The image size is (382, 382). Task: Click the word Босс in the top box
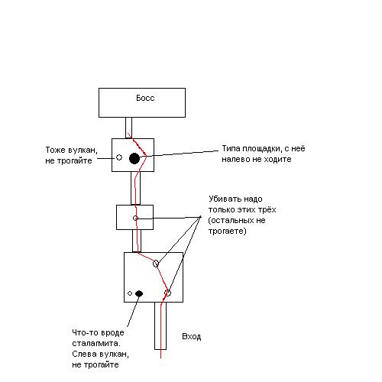145,98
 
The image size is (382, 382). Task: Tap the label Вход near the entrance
192,336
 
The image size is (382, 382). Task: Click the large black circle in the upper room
134,158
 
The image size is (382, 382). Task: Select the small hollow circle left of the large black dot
119,157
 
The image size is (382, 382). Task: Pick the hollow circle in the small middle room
135,218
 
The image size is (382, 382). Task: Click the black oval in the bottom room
139,293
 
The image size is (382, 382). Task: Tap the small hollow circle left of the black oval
130,293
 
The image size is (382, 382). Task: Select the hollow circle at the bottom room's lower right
167,293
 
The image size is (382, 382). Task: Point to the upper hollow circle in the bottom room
156,264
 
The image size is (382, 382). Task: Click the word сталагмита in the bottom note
95,343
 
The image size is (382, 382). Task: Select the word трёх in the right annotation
266,210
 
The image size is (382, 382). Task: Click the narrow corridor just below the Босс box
128,128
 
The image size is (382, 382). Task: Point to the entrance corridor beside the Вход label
160,325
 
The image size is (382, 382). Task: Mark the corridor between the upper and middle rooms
135,188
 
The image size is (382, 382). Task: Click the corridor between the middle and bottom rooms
137,241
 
